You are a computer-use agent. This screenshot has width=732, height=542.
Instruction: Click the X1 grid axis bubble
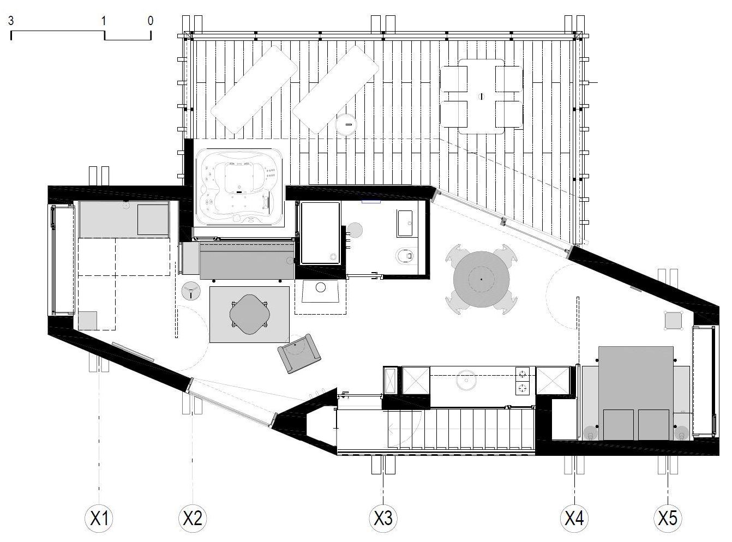point(99,518)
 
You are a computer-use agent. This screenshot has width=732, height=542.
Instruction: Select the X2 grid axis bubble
point(193,518)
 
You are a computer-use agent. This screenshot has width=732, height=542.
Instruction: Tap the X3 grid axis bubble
point(383,518)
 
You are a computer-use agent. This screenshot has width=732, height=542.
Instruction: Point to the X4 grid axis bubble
point(574,518)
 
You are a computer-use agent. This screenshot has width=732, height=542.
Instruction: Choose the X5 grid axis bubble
point(668,518)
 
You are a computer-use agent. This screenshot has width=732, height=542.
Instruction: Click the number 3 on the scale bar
point(11,21)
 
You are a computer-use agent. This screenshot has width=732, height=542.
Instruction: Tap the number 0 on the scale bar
point(151,21)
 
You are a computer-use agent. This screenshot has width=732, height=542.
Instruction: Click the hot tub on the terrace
point(239,187)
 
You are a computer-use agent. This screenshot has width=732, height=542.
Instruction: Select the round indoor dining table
point(481,279)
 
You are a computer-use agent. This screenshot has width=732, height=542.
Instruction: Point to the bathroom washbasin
point(405,224)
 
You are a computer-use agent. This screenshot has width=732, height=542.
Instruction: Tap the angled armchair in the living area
point(299,353)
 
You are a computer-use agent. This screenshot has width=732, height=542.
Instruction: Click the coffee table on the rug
point(249,314)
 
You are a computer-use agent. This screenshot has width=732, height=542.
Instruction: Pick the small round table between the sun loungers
point(346,124)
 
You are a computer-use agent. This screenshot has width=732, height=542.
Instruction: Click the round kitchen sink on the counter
point(466,381)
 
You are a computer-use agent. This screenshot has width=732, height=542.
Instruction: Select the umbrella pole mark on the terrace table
point(481,97)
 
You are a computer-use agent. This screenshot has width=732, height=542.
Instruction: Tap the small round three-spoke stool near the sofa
point(191,291)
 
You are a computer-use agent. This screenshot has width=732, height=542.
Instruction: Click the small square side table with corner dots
point(673,320)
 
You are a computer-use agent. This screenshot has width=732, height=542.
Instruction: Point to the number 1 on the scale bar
point(104,21)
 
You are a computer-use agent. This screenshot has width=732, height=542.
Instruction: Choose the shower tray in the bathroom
point(320,233)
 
